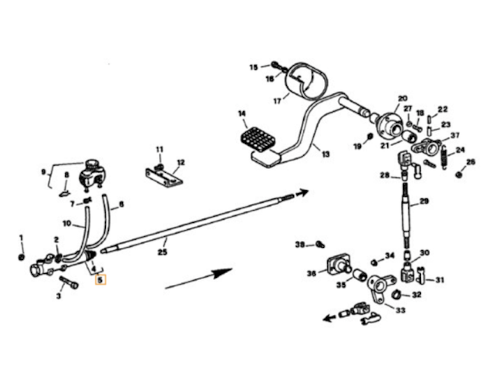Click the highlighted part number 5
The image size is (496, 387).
[x=100, y=281]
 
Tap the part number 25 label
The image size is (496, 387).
[x=163, y=252]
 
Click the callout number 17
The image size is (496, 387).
[x=277, y=100]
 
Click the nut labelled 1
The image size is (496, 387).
[x=21, y=257]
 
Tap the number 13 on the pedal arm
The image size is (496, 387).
[x=325, y=154]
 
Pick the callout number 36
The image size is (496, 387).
[x=311, y=272]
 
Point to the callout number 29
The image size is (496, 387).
[x=424, y=201]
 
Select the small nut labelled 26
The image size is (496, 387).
[x=459, y=174]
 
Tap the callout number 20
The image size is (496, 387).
[x=402, y=99]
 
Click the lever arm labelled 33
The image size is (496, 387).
[x=378, y=288]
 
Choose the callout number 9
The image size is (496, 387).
[x=43, y=172]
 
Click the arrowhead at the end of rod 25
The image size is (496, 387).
[x=302, y=192]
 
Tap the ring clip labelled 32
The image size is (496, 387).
[x=397, y=293]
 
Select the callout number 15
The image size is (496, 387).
[x=253, y=67]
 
